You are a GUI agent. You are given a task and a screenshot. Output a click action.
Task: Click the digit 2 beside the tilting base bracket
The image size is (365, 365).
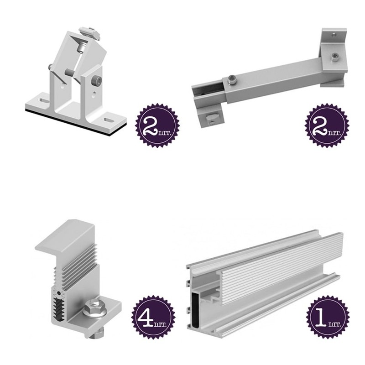151,126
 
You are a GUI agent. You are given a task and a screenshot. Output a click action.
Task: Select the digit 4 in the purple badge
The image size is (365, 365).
145,317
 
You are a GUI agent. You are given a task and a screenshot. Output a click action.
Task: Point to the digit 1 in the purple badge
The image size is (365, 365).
320,317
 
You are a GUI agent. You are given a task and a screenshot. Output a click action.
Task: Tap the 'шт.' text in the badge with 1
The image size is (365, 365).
334,324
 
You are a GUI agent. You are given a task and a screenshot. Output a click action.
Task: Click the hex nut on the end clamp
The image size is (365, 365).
94,308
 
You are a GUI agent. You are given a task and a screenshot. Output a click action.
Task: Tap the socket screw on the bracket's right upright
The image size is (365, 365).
97,81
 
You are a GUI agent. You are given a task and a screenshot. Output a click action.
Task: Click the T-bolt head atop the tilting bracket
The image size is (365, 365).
89,32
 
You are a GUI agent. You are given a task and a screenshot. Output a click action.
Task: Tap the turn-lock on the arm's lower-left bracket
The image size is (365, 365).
212,117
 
